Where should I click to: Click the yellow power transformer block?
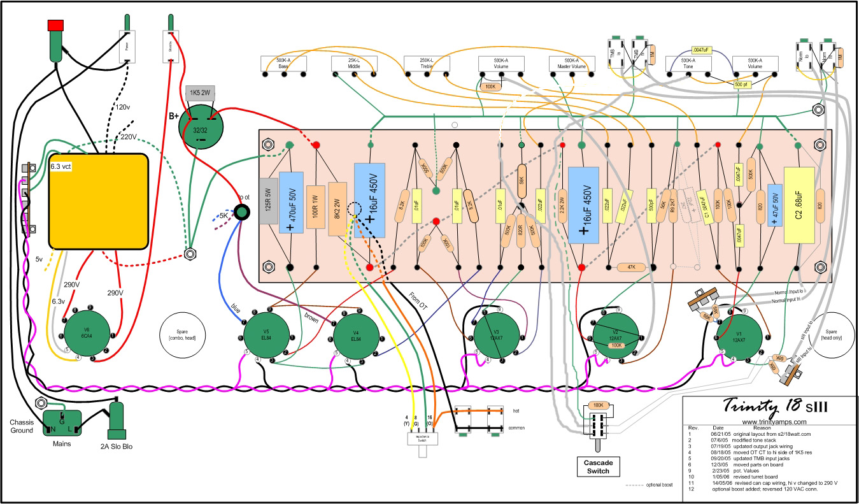(99, 201)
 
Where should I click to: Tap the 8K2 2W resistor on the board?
(337, 208)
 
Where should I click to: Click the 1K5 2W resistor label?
(202, 94)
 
